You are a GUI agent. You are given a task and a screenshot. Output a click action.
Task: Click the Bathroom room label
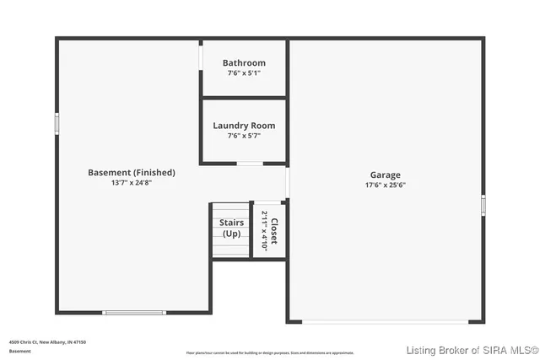tap(244, 63)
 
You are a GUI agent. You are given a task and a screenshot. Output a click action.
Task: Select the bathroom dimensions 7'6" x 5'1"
tap(244, 73)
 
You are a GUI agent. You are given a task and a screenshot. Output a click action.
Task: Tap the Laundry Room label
tap(244, 126)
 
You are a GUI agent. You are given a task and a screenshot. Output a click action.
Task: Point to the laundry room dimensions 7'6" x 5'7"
tap(244, 136)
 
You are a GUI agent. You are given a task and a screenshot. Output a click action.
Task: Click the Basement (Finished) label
tap(132, 172)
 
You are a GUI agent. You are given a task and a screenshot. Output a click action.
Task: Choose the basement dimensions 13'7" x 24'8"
tap(132, 182)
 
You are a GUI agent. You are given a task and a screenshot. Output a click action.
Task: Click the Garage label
tap(385, 175)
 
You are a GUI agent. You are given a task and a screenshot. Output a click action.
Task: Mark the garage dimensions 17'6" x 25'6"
tap(385, 185)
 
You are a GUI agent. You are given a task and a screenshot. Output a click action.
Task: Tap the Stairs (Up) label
tap(232, 228)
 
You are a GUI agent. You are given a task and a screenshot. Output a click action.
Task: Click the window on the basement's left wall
tap(57, 123)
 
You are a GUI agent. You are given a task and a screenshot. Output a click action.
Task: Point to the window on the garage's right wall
tap(483, 204)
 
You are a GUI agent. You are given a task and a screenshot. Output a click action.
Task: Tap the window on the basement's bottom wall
tap(134, 313)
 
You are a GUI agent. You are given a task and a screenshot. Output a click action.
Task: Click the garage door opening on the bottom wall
tap(387, 321)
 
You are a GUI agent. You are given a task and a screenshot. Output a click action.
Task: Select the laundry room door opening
tap(248, 163)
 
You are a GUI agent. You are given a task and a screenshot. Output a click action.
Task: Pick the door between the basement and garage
tap(288, 182)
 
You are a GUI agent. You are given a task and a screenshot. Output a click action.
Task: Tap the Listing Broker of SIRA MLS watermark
tap(472, 350)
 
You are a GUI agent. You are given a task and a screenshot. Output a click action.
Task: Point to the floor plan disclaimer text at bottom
tap(270, 352)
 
